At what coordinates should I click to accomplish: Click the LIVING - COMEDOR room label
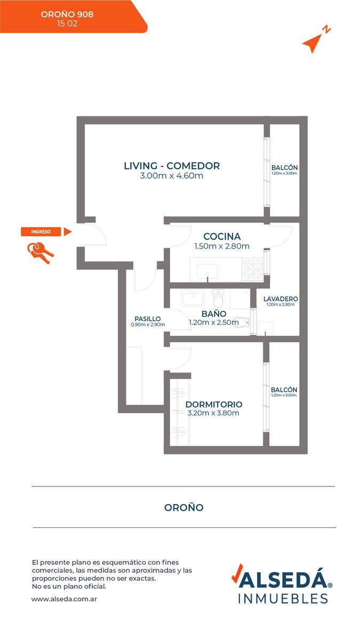tap(172, 166)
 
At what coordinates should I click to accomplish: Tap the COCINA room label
tap(222, 236)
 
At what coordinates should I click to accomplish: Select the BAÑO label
tap(214, 314)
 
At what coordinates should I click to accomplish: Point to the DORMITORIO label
tap(214, 404)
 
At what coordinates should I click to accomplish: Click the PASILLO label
tap(148, 318)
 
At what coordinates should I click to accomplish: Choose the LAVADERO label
tap(281, 299)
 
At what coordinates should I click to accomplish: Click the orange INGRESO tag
tap(41, 231)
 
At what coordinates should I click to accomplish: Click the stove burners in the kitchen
tap(253, 269)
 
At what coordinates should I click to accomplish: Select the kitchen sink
tap(207, 271)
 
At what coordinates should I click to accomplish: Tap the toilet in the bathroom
tap(218, 298)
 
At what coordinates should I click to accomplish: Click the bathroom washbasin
tap(193, 298)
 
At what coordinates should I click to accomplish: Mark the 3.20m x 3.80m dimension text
tap(213, 413)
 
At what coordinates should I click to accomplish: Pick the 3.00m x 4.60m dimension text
tap(171, 175)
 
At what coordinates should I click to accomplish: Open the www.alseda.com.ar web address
tap(65, 599)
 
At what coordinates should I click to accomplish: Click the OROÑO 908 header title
tap(67, 14)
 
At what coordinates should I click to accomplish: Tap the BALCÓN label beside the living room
tap(284, 167)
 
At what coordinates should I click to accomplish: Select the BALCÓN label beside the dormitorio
tap(284, 390)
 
